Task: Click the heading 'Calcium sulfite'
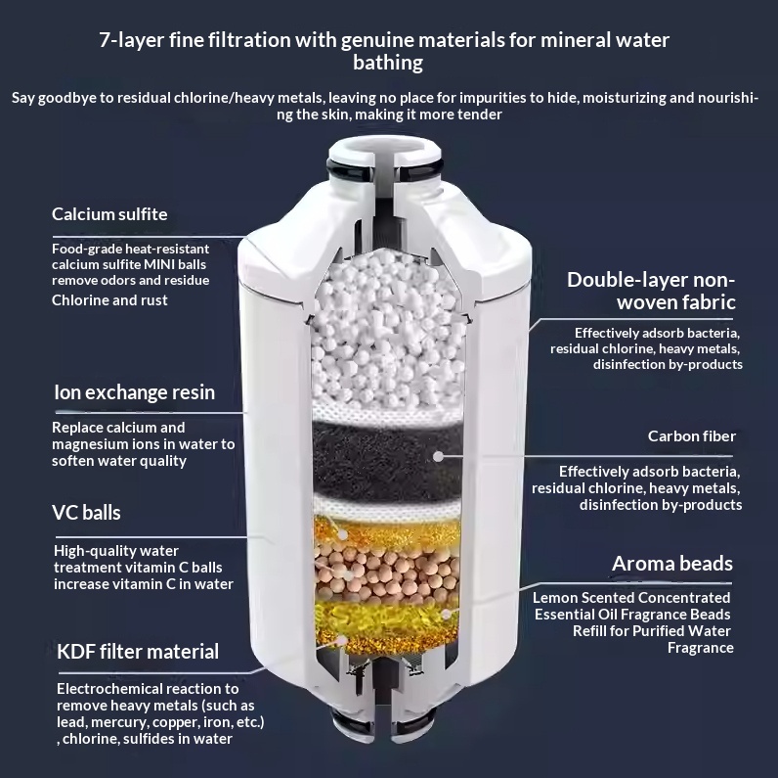[109, 214]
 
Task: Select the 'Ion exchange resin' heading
[135, 392]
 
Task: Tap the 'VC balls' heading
[86, 513]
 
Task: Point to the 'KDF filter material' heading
[138, 652]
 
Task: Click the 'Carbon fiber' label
[692, 436]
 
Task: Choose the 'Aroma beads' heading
[672, 564]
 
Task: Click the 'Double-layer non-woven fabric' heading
[651, 291]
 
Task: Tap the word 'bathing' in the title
[388, 63]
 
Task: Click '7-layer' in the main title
[132, 40]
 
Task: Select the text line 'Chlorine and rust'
[109, 300]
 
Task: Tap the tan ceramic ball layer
[387, 572]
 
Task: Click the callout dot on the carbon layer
[438, 456]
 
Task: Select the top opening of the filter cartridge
[384, 148]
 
